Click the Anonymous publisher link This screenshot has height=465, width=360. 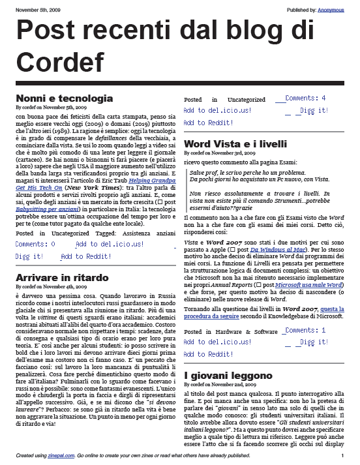point(331,10)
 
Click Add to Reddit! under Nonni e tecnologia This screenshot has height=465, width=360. point(86,257)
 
